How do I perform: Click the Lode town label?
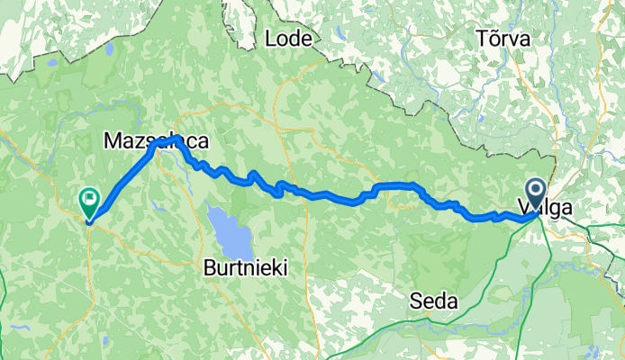(x=290, y=39)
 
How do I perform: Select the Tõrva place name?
(x=505, y=39)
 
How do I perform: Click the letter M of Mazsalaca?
(x=113, y=141)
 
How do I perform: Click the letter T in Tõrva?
(x=482, y=39)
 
